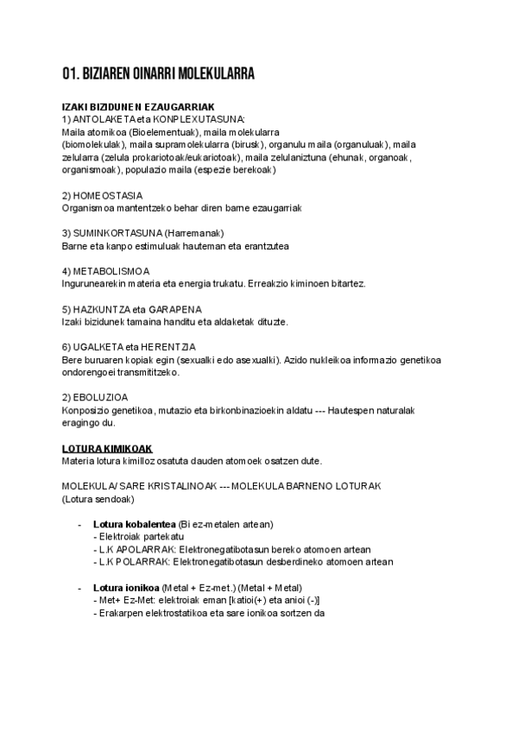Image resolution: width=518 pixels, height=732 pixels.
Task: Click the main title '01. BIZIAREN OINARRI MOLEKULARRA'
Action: point(158,73)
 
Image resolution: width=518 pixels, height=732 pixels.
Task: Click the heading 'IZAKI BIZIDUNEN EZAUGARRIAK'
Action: point(132,107)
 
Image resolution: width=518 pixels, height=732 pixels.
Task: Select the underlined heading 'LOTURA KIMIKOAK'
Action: point(107,450)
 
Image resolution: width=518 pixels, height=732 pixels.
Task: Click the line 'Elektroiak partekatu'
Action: point(135,537)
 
